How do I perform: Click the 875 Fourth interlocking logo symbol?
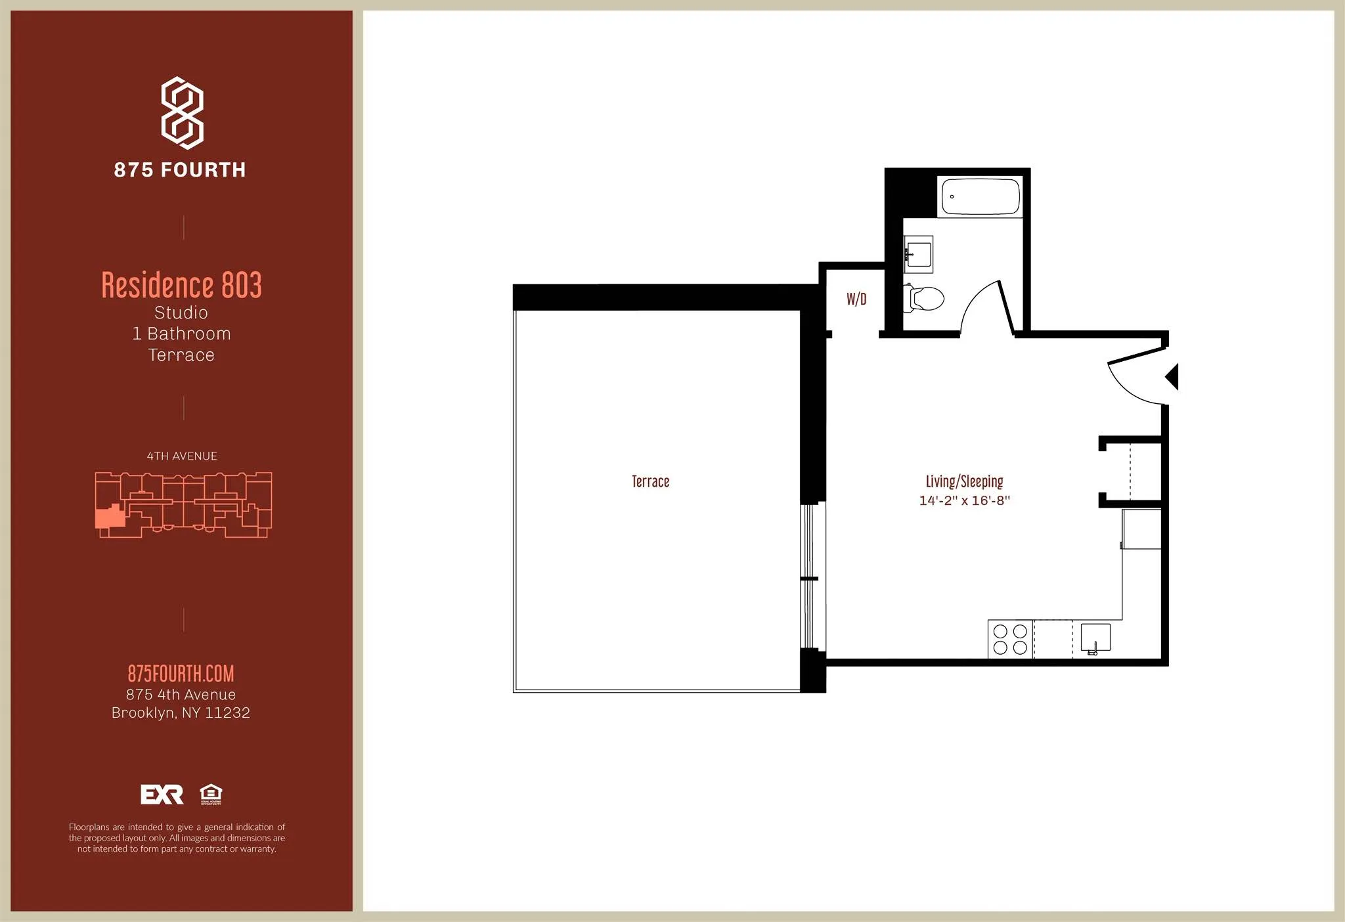[183, 112]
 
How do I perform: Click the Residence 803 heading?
[182, 285]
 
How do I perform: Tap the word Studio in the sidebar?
[181, 313]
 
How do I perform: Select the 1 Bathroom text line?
[181, 334]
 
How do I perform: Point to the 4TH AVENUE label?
[182, 456]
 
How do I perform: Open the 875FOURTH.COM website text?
[181, 674]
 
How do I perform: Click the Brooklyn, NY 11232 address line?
[181, 713]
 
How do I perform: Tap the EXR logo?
[162, 795]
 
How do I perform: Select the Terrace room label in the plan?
[650, 481]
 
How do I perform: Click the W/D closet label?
[856, 299]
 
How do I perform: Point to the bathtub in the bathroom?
[981, 196]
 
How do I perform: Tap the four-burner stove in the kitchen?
[1010, 639]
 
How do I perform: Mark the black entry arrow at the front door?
[1172, 378]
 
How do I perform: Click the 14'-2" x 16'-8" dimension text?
[964, 500]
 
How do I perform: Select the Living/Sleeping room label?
[964, 481]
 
